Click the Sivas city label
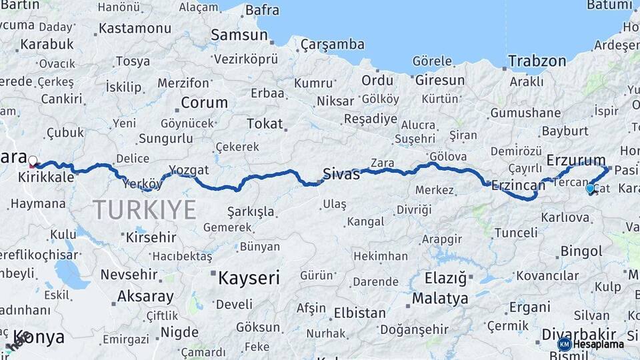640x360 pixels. pos(341,175)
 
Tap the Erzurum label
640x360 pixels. pos(575,160)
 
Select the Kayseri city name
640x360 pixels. pos(249,278)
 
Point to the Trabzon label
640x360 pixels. pos(537,61)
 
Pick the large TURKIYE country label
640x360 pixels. pos(145,209)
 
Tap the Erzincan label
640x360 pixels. pos(518,186)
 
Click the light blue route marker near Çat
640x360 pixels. pos(589,189)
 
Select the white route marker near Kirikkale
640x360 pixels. pos(33,160)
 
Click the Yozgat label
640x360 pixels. pos(189,169)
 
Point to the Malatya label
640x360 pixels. pos(440,298)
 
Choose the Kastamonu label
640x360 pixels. pos(135,29)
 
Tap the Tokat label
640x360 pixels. pos(265,124)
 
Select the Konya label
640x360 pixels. pos(39,337)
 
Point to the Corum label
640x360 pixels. pos(204,103)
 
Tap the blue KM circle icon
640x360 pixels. pos(564,344)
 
